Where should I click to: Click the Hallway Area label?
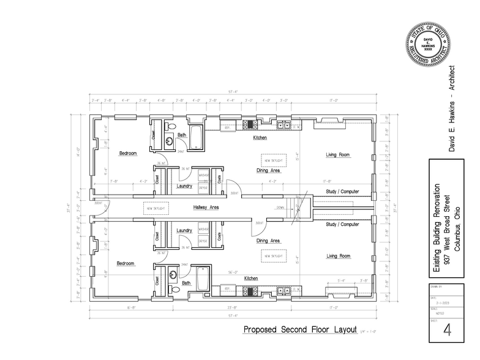point(206,208)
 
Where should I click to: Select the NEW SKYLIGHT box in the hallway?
point(156,208)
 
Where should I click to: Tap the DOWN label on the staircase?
point(280,208)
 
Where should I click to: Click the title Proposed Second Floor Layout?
point(300,329)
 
